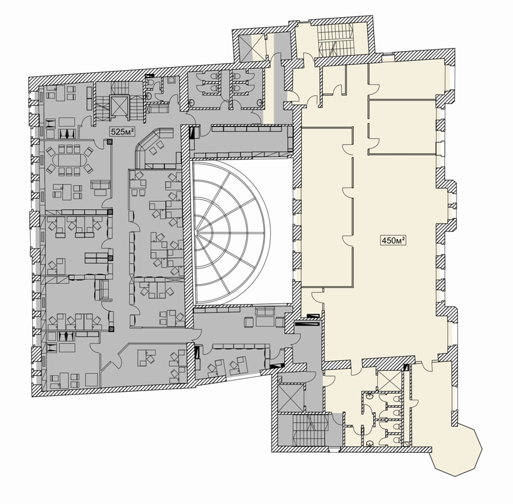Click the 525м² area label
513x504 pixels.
[x=123, y=132]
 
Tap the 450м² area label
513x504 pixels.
[x=393, y=241]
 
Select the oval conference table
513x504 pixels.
[x=68, y=160]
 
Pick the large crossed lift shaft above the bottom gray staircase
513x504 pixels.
[x=290, y=398]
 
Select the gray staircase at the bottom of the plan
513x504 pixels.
[x=310, y=429]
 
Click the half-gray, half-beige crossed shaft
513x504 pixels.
[x=252, y=47]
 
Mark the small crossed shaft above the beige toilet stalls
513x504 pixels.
[x=388, y=380]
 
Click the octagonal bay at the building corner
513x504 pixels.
[x=457, y=449]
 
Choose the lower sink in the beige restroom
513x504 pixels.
[x=370, y=444]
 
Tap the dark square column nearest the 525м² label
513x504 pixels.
[x=110, y=142]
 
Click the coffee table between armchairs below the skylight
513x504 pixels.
[x=264, y=322]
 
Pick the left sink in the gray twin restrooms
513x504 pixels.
[x=192, y=102]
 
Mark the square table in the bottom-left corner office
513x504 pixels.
[x=91, y=379]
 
